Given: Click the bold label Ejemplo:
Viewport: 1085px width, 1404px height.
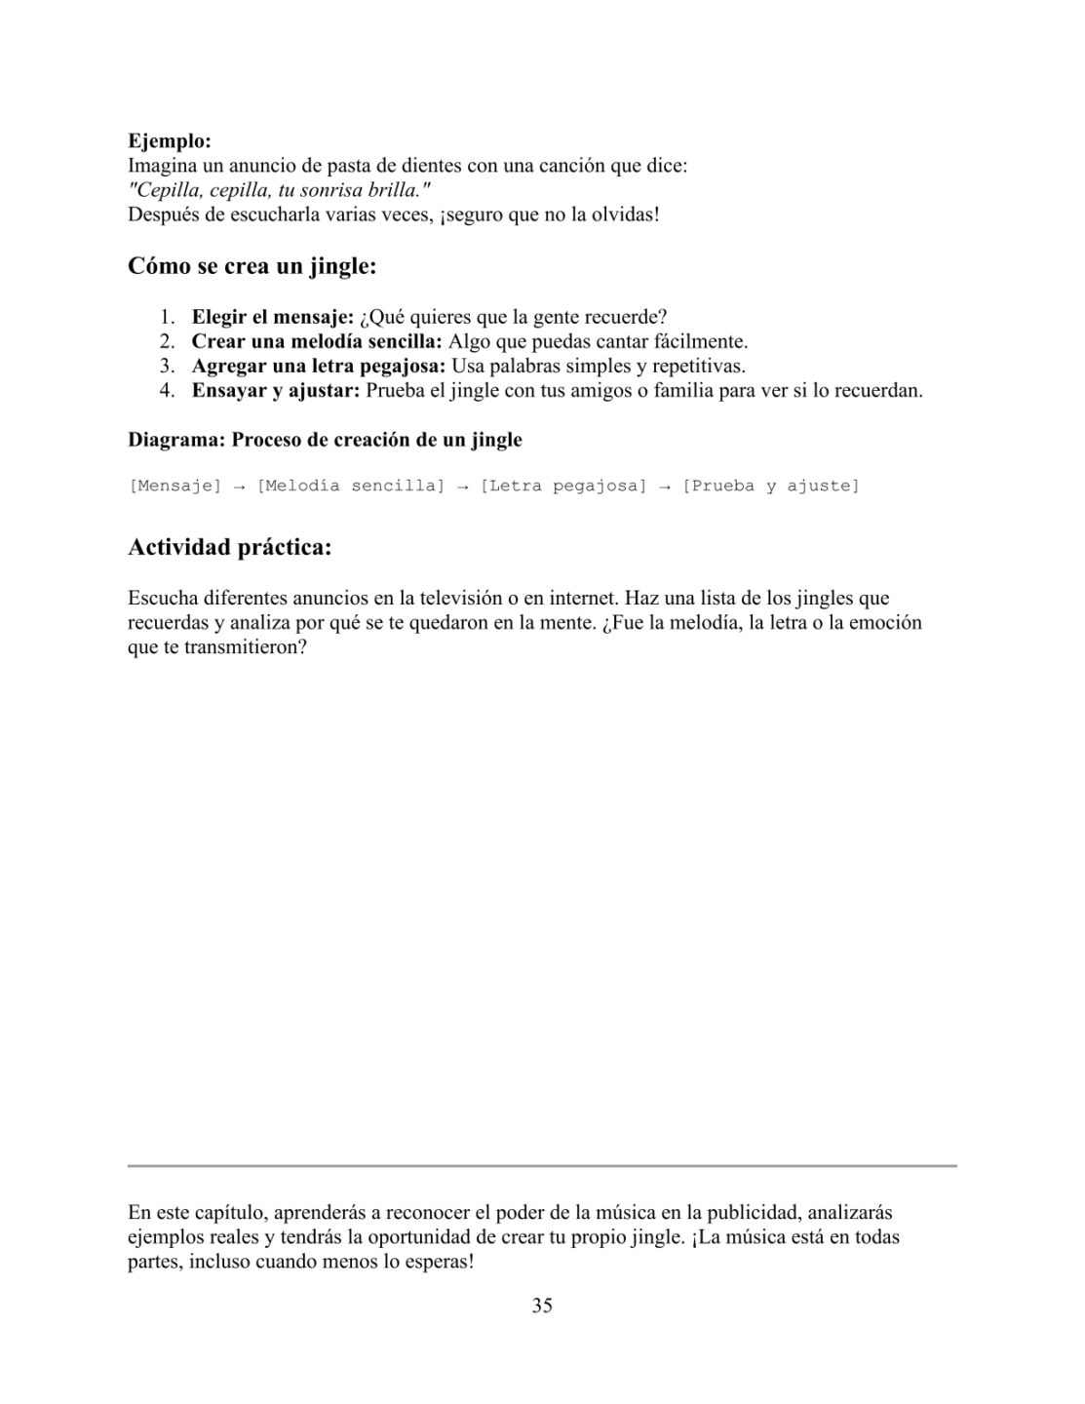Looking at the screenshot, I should [x=170, y=141].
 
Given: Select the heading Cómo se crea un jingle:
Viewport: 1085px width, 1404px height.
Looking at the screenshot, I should [x=252, y=266].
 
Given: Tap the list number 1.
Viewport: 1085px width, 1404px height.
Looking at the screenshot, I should [x=168, y=317].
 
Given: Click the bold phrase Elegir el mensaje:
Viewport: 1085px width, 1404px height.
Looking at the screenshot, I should [x=272, y=317].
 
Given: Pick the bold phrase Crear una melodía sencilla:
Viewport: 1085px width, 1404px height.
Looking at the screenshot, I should [x=317, y=342].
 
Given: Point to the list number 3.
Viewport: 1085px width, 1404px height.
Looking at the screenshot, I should [x=168, y=367].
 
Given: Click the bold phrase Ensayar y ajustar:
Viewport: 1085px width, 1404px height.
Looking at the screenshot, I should [x=276, y=391].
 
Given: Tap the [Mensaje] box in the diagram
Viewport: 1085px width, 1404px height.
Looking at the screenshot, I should [x=174, y=486].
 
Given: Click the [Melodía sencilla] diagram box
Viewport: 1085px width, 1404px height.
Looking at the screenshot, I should [x=350, y=486].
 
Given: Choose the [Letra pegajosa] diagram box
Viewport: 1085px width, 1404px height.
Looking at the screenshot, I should [x=563, y=486].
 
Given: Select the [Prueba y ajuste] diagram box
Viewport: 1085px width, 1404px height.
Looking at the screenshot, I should [x=770, y=486].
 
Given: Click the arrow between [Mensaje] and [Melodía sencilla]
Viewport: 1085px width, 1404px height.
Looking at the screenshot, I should [x=239, y=486].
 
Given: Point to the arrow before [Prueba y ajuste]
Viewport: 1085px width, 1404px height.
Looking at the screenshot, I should [x=664, y=486].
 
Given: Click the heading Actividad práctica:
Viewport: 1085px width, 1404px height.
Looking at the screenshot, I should [x=230, y=548].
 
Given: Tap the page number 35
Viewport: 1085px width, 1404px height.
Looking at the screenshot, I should [x=542, y=1306].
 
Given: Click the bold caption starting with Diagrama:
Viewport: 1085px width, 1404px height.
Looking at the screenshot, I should [x=325, y=440].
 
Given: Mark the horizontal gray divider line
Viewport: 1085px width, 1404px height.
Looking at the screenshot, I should [x=542, y=1165].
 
